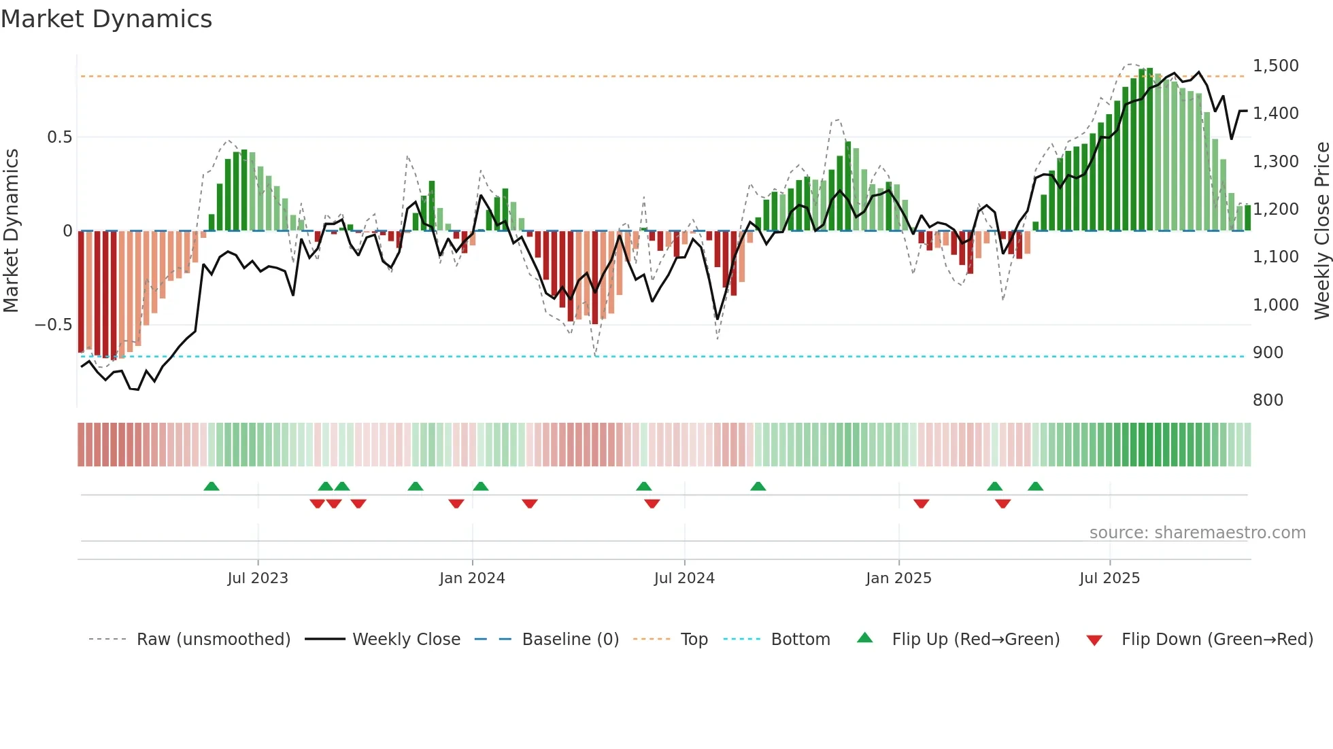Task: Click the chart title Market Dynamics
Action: pyautogui.click(x=106, y=19)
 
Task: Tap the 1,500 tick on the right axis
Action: pyautogui.click(x=1275, y=66)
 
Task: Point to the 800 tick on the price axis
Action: pyautogui.click(x=1268, y=400)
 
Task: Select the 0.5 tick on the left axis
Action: pyautogui.click(x=59, y=137)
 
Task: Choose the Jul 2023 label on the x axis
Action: pyautogui.click(x=258, y=578)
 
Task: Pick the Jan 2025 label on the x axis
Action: pyautogui.click(x=898, y=578)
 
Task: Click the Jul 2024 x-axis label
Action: pyautogui.click(x=684, y=578)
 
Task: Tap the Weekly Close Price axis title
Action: pyautogui.click(x=1321, y=231)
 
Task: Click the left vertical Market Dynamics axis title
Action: pyautogui.click(x=11, y=231)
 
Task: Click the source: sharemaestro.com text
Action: pyautogui.click(x=1197, y=533)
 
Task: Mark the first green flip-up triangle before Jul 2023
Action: pyautogui.click(x=212, y=487)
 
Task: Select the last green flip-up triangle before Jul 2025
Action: pyautogui.click(x=1035, y=487)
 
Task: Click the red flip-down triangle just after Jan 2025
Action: pyautogui.click(x=921, y=504)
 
